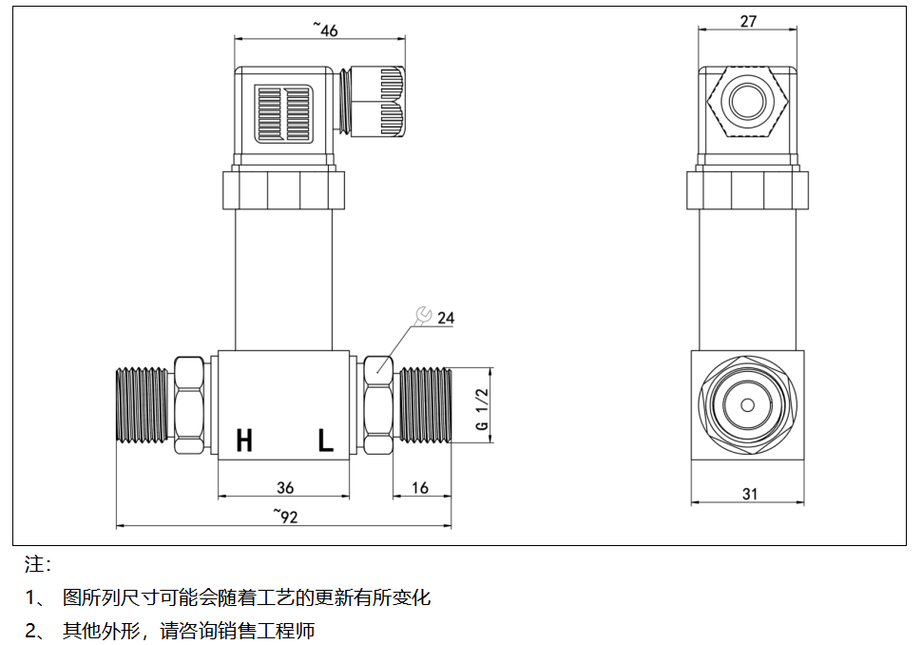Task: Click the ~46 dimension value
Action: (x=325, y=29)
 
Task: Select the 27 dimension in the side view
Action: (x=748, y=21)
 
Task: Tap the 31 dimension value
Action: (x=749, y=493)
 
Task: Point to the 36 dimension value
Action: (x=285, y=488)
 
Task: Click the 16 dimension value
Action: (x=420, y=488)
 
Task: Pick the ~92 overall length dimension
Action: (x=285, y=516)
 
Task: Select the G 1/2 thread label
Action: (x=481, y=410)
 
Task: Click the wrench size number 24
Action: (x=446, y=319)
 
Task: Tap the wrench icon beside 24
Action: (x=424, y=314)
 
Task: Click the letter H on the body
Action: (x=244, y=440)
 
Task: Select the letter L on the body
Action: (x=326, y=440)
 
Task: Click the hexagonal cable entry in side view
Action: (x=749, y=100)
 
